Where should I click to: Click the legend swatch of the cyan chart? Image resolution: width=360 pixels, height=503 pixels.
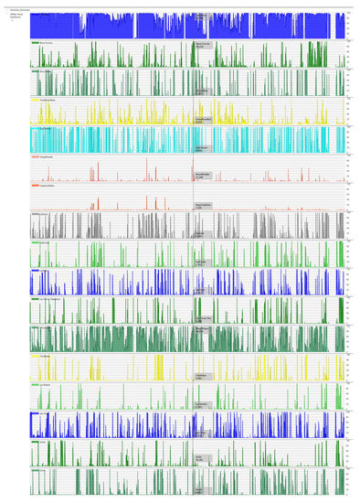point(35,129)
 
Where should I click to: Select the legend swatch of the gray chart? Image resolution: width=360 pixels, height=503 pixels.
point(35,214)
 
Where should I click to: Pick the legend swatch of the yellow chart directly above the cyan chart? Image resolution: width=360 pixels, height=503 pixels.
point(35,101)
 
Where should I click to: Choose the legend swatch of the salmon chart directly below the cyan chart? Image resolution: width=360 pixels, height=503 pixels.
point(35,157)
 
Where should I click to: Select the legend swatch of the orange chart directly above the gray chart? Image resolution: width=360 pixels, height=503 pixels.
point(35,186)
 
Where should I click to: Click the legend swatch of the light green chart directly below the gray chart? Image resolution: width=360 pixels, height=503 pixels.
point(35,242)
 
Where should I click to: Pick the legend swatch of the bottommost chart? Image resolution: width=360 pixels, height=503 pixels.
point(35,470)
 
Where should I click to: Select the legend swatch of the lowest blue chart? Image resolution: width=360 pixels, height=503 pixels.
point(35,413)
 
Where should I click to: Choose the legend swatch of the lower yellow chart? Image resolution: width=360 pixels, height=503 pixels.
point(35,357)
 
